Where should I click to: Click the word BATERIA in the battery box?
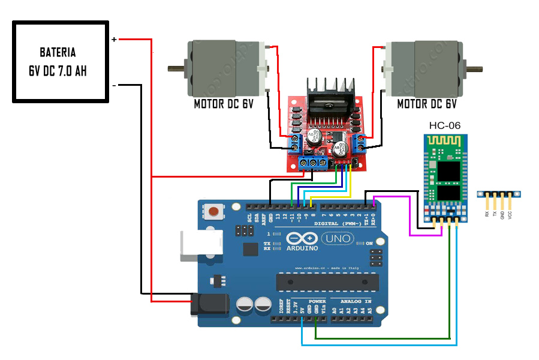point(58,52)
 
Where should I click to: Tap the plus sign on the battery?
point(114,40)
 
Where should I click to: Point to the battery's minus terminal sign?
point(114,85)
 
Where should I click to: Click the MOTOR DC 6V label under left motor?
point(224,104)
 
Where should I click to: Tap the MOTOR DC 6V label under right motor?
point(427,104)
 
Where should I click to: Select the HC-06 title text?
point(445,125)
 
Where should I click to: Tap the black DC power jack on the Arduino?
point(210,305)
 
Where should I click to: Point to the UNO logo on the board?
point(339,239)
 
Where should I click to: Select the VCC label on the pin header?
point(510,213)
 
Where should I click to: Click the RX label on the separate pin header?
point(486,213)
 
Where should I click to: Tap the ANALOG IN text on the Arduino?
point(356,301)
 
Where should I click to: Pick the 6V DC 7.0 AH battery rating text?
point(58,70)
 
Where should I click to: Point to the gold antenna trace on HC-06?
point(444,145)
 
